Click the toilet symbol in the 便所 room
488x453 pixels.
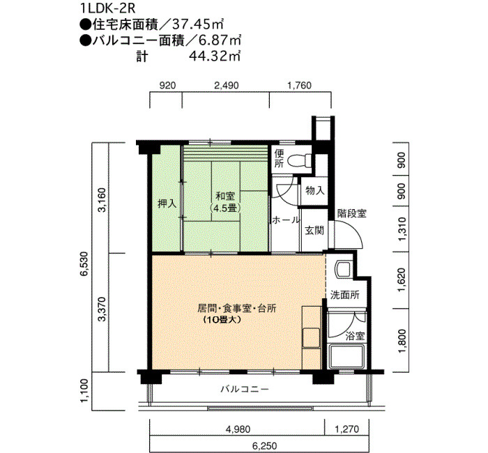tap(299, 161)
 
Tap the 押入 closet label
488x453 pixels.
tap(167, 204)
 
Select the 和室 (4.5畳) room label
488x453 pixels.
tap(226, 202)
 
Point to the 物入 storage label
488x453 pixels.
tap(314, 190)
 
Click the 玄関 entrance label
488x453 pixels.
tap(314, 231)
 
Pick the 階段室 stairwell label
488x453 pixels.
tap(351, 214)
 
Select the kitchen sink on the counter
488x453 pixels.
tap(312, 338)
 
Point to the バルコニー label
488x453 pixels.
tap(245, 389)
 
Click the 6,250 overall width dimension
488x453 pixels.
tap(264, 445)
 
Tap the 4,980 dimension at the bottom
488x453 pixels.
tap(238, 429)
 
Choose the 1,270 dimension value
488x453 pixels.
tap(346, 429)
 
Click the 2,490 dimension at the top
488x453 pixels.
tap(227, 85)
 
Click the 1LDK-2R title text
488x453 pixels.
tap(107, 8)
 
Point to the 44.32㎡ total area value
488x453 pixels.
tap(215, 56)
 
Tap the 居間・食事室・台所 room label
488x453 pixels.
tap(236, 309)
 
